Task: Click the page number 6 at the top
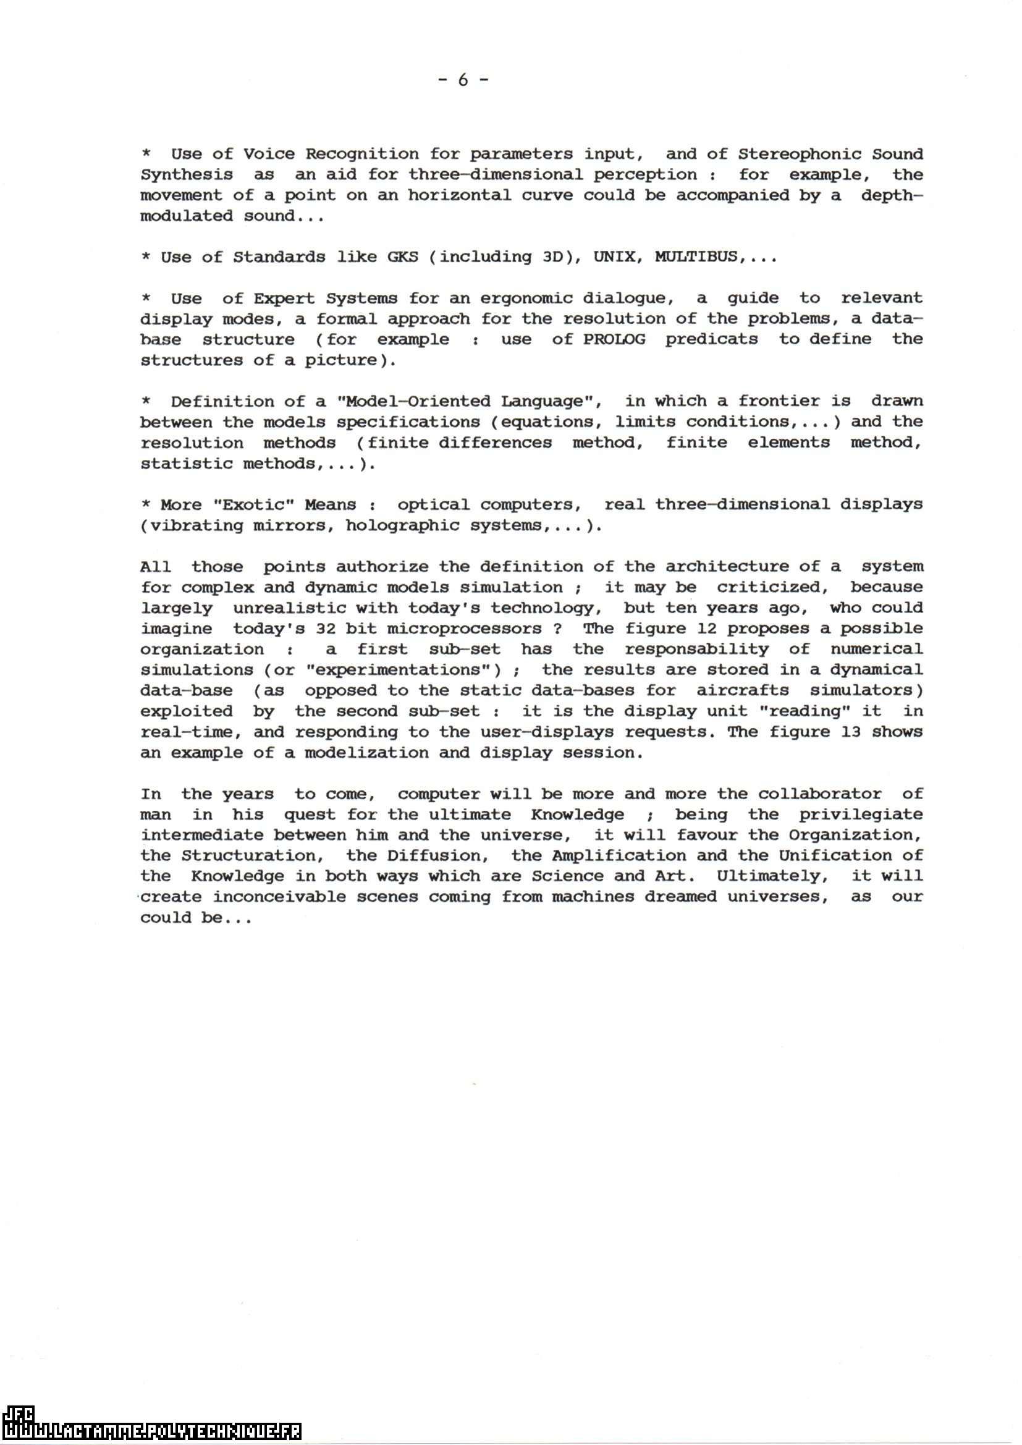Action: (x=463, y=80)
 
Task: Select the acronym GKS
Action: (x=403, y=257)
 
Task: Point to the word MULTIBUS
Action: (x=696, y=257)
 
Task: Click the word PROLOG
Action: (x=614, y=340)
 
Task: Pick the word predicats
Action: (x=711, y=340)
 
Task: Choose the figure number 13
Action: (x=851, y=732)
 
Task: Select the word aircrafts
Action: (x=743, y=690)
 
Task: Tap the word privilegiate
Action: (x=861, y=815)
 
